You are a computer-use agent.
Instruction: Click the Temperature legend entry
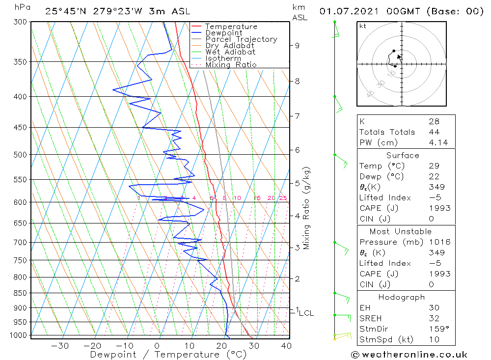point(231,27)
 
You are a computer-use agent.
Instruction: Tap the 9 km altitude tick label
point(297,46)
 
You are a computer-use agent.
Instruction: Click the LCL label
point(306,313)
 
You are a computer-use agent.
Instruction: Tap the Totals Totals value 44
point(434,132)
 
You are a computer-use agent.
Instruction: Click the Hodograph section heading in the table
point(402,297)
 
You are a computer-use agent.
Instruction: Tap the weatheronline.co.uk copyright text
point(409,355)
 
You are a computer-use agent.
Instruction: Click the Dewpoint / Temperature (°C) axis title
point(168,354)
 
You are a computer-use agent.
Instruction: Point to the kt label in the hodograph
point(362,26)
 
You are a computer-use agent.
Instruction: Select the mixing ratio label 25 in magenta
point(283,198)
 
